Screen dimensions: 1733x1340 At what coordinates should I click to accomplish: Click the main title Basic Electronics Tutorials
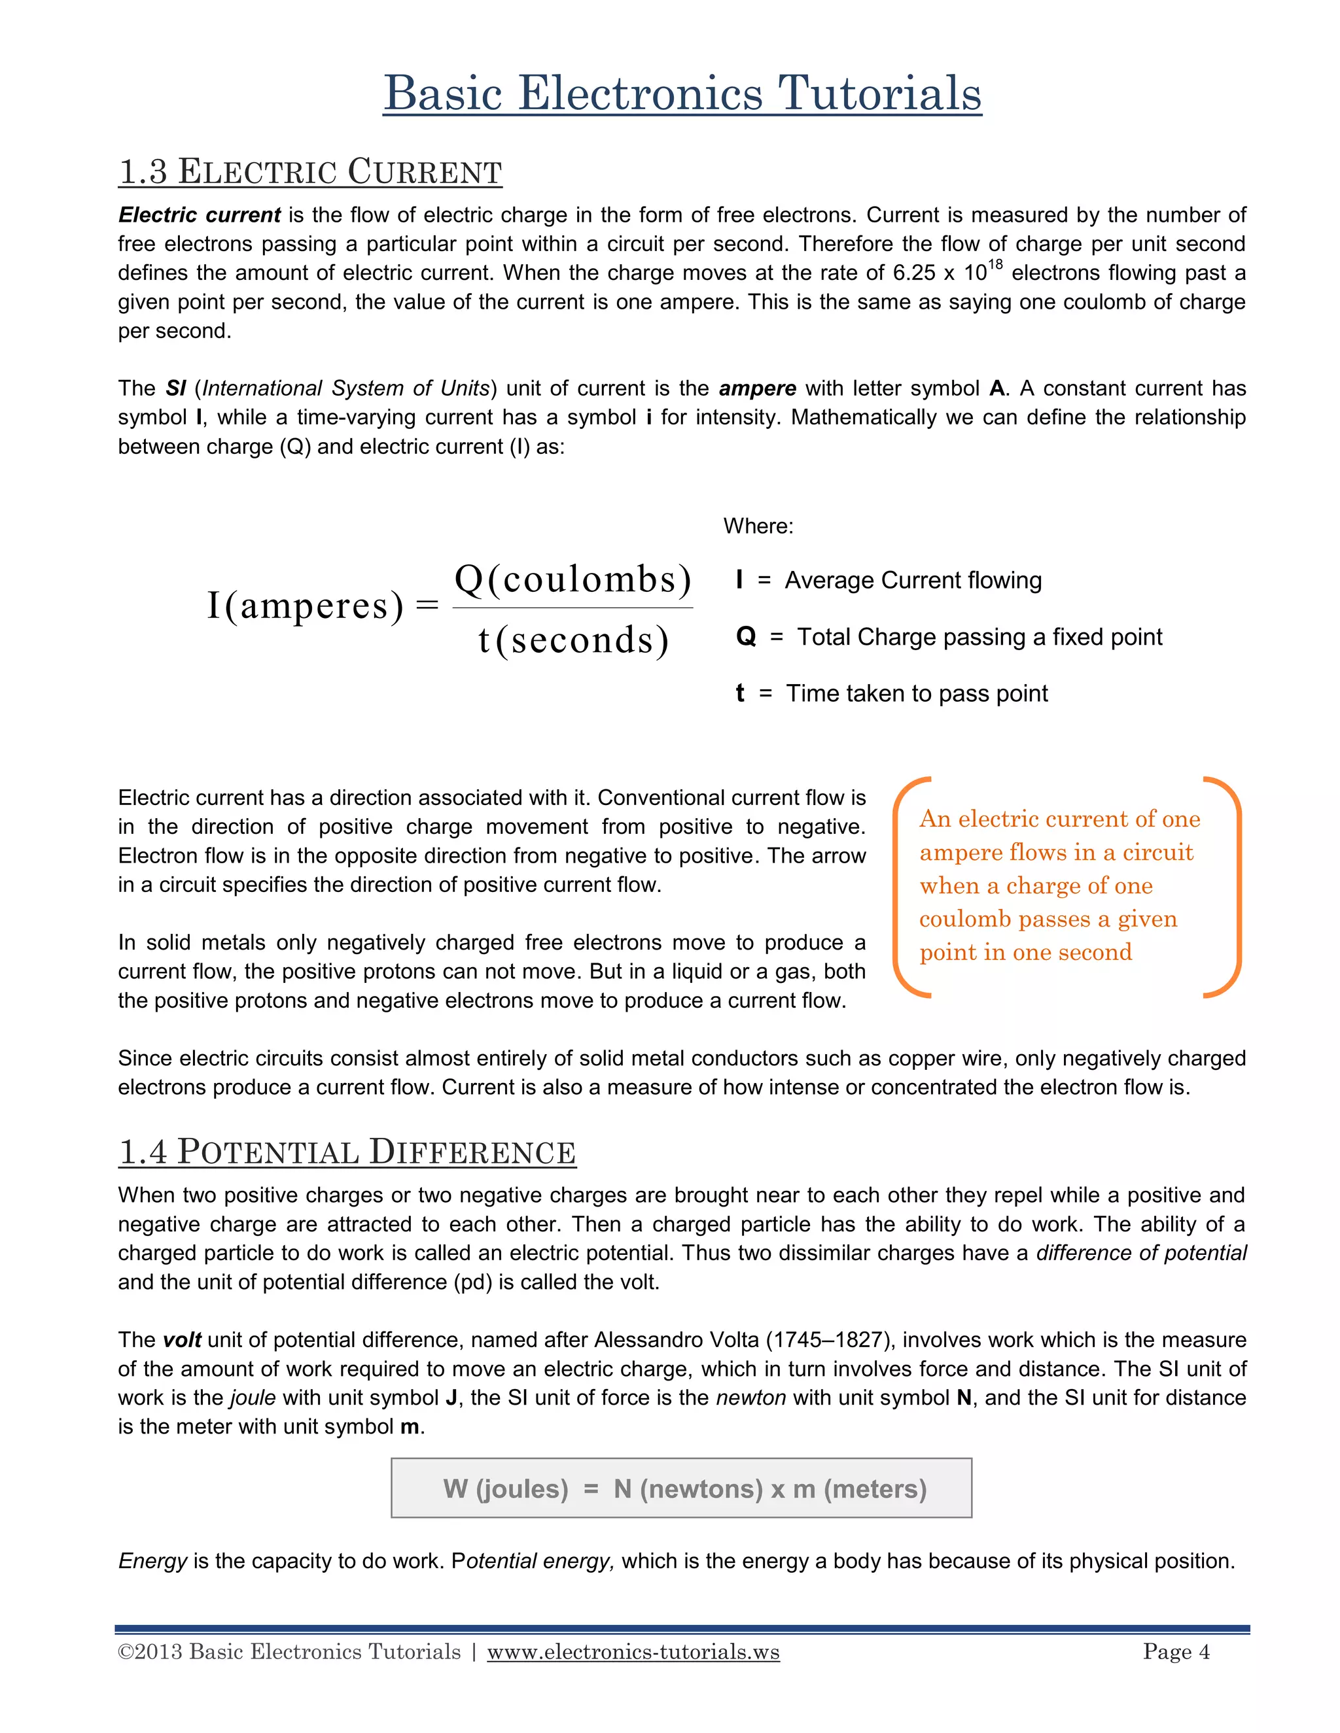(x=682, y=94)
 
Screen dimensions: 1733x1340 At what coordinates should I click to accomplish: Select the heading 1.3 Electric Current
(x=309, y=172)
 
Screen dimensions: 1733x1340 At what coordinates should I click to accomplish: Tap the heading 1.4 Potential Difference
(x=347, y=1152)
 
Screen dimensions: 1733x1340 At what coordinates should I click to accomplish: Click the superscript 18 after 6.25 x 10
(x=995, y=265)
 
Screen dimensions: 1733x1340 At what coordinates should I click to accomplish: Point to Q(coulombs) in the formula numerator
(x=573, y=579)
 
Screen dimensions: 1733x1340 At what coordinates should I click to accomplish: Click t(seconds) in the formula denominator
(x=573, y=640)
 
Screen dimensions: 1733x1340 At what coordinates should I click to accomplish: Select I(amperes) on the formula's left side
(x=306, y=606)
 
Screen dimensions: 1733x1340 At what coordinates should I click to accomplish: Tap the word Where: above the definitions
(x=758, y=526)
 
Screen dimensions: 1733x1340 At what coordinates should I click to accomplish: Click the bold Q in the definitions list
(x=745, y=636)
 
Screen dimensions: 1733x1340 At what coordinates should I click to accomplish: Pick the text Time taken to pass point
(x=916, y=693)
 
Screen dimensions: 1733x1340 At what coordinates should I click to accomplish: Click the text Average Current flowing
(x=913, y=580)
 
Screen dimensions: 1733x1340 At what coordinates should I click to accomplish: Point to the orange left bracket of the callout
(x=905, y=886)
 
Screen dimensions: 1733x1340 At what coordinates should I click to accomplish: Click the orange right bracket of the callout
(x=1227, y=886)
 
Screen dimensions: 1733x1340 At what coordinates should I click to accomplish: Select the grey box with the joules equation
(x=681, y=1488)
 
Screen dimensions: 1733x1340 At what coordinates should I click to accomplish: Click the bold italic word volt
(x=182, y=1340)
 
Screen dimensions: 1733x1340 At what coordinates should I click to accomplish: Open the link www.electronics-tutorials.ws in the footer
(x=633, y=1652)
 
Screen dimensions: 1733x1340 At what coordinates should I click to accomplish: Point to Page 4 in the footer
(x=1176, y=1652)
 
